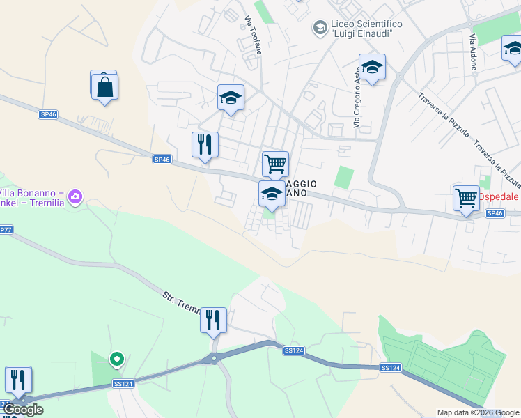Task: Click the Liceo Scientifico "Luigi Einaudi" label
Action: click(x=366, y=28)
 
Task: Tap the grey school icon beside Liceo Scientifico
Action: click(x=320, y=27)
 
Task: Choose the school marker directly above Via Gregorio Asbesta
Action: click(x=372, y=68)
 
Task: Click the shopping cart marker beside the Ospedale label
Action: click(x=466, y=197)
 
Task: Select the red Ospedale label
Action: click(x=499, y=196)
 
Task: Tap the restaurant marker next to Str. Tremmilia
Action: click(x=214, y=320)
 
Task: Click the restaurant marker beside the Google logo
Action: click(x=18, y=380)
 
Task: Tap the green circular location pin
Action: click(x=117, y=359)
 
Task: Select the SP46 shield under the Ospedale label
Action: click(x=495, y=213)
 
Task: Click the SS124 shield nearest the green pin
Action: click(x=123, y=383)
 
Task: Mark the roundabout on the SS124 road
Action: click(x=214, y=359)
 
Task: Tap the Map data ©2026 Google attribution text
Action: click(x=478, y=412)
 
